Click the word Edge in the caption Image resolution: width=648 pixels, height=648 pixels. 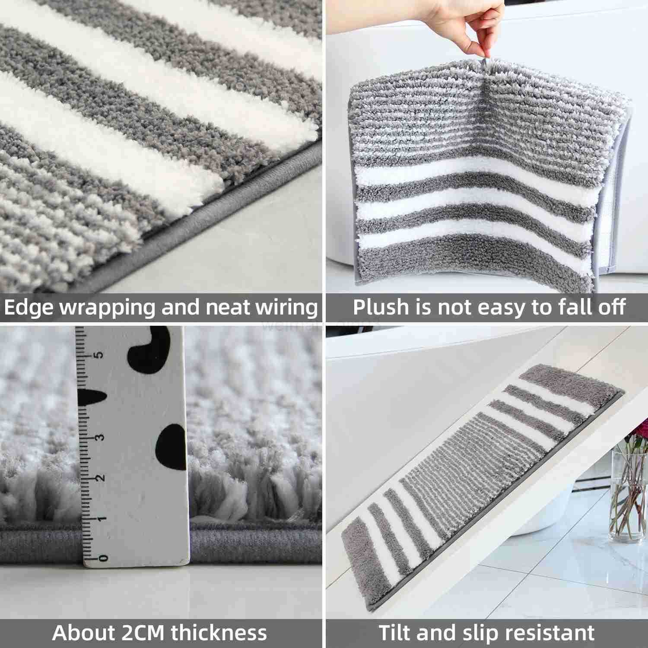tap(29, 308)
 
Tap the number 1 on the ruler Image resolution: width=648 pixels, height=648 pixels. tap(101, 518)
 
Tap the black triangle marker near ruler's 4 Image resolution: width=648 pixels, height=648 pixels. tap(93, 397)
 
